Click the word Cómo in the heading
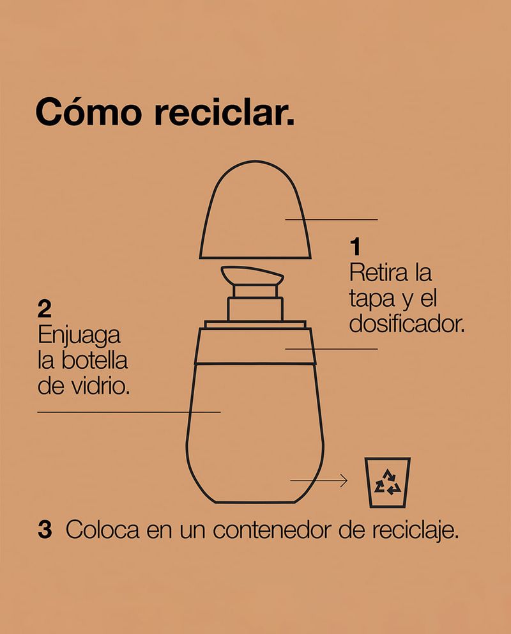(89, 112)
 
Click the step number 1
(355, 247)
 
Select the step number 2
(45, 309)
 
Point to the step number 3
(45, 529)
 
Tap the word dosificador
(407, 324)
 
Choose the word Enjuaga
(79, 336)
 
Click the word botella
(95, 360)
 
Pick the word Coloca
(103, 530)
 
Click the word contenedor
(272, 530)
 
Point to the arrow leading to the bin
(319, 481)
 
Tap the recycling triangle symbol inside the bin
(387, 482)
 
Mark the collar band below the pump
(256, 346)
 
